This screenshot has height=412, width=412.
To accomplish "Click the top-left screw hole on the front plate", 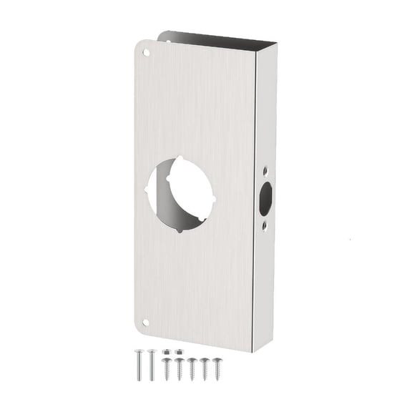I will click(146, 52).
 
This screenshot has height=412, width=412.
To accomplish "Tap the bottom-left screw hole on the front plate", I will click(146, 323).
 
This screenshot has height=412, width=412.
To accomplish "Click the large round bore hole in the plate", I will click(180, 194).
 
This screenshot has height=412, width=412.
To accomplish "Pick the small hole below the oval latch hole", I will click(265, 225).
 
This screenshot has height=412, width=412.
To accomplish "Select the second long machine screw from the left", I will click(152, 365).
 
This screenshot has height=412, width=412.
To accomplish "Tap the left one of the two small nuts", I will click(166, 351).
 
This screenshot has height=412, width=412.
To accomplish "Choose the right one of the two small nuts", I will click(178, 352).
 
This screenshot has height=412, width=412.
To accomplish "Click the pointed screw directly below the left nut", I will click(166, 369).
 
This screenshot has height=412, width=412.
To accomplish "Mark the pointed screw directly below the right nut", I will click(179, 369).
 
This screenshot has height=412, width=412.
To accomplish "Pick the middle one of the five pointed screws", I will click(192, 369).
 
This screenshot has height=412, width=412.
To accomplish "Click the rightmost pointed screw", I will click(216, 369).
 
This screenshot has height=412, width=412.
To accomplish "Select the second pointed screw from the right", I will click(204, 369).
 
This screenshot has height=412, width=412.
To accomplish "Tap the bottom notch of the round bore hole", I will click(180, 230).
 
